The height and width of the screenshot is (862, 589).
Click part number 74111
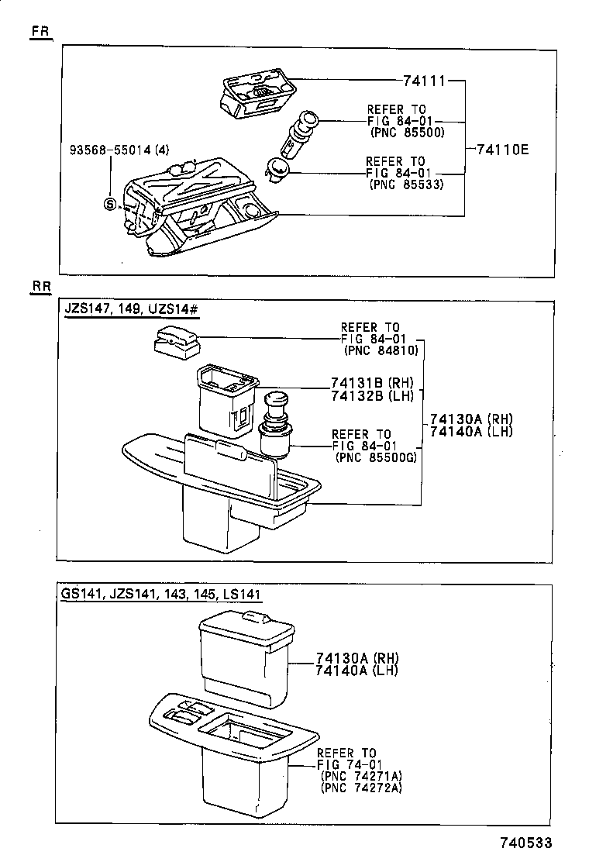click(x=425, y=80)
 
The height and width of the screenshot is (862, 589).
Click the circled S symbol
click(x=110, y=204)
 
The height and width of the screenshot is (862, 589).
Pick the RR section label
click(x=41, y=287)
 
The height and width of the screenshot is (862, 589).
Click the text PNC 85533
click(x=406, y=184)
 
